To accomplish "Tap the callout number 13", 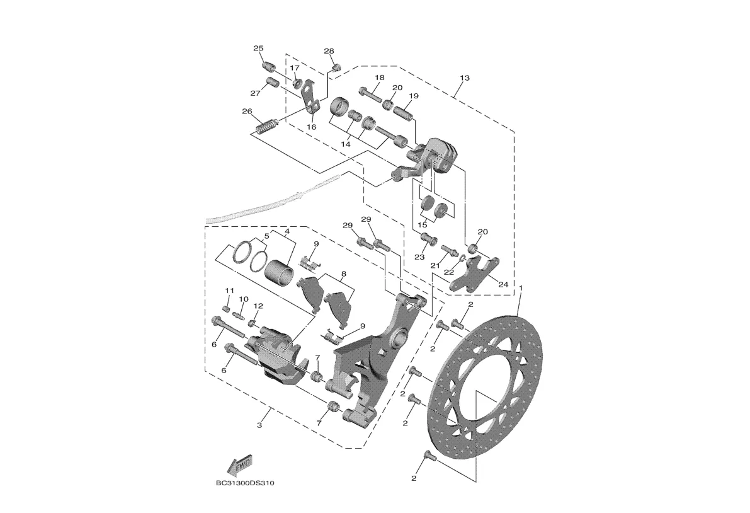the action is point(465,78).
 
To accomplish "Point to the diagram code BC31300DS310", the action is point(245,483).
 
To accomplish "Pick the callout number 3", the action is point(259,425).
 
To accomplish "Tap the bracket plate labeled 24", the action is point(474,273).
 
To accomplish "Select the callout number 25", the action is point(258,49).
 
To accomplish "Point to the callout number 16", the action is point(311,127).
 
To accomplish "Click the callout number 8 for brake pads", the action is point(343,275).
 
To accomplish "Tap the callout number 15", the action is point(423,225).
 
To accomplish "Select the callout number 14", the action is point(346,143).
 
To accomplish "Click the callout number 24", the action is point(503,285).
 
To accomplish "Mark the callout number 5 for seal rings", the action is point(266,236).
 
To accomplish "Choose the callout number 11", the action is point(230,291).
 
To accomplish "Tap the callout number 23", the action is point(419,258).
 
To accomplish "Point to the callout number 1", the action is point(521,288).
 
